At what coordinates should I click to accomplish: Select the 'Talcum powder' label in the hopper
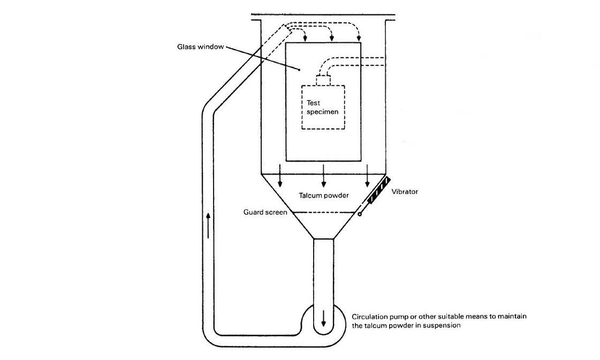[x=323, y=196]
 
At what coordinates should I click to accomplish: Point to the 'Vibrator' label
[x=404, y=192]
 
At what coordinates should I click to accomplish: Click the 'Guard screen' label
[x=265, y=212]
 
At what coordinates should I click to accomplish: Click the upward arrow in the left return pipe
[x=208, y=225]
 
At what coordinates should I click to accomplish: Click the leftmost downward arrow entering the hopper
[x=279, y=179]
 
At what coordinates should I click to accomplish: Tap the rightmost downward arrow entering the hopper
[x=367, y=179]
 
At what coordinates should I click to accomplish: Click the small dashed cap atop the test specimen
[x=323, y=80]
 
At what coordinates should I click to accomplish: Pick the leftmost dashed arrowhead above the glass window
[x=306, y=39]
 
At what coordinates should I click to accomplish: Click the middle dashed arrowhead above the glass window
[x=332, y=39]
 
